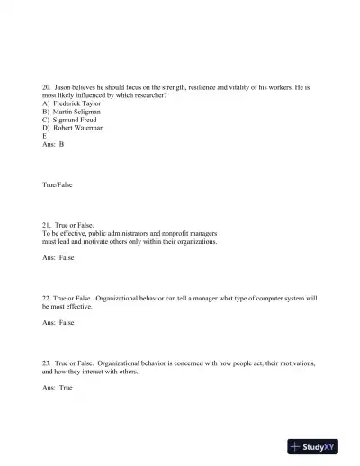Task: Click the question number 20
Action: pyautogui.click(x=47, y=87)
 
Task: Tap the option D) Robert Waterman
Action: pyautogui.click(x=73, y=128)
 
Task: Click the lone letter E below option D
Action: pyautogui.click(x=44, y=136)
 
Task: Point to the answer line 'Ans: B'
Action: pyautogui.click(x=53, y=144)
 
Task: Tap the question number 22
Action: pyautogui.click(x=47, y=297)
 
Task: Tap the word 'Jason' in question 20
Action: pyautogui.click(x=65, y=87)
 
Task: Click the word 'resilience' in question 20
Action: pyautogui.click(x=184, y=87)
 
